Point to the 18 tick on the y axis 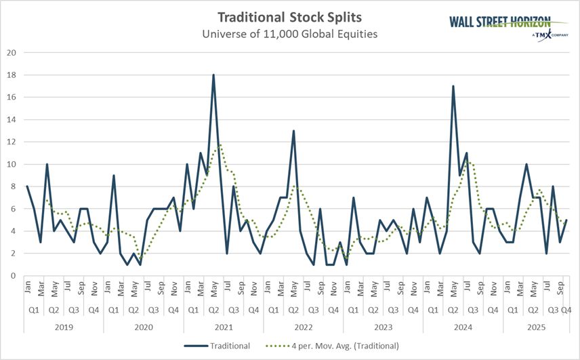(x=10, y=75)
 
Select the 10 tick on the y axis (x=10, y=164)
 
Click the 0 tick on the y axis (x=12, y=275)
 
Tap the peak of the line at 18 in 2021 (x=213, y=75)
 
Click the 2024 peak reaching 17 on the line (x=453, y=86)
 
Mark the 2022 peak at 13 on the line (x=293, y=131)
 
